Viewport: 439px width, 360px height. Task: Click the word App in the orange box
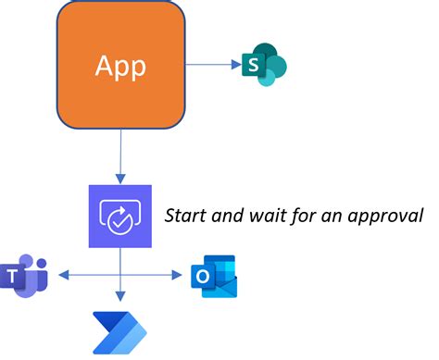(120, 66)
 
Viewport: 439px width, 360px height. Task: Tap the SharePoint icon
(263, 65)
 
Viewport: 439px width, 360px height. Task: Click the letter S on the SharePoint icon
(251, 65)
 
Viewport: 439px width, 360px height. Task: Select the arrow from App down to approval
(120, 153)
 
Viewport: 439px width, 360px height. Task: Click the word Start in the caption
(183, 216)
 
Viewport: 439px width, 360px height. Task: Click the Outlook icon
(214, 276)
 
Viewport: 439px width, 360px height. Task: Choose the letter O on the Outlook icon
(203, 277)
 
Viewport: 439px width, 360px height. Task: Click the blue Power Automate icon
(119, 332)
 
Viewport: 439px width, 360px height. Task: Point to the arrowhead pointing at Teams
(61, 274)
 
